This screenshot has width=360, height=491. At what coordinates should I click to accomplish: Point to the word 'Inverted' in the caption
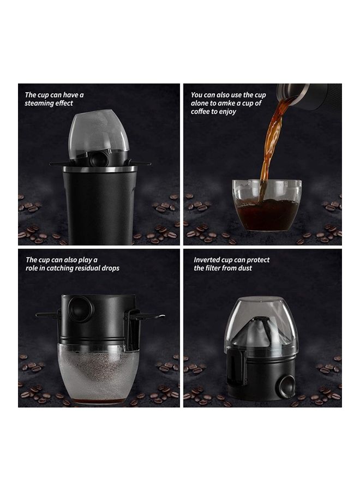[207, 260]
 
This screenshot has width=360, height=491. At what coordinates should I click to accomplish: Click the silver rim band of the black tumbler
[99, 170]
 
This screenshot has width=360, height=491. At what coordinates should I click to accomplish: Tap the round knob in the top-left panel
[99, 159]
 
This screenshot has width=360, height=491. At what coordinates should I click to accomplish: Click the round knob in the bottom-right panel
[285, 386]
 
